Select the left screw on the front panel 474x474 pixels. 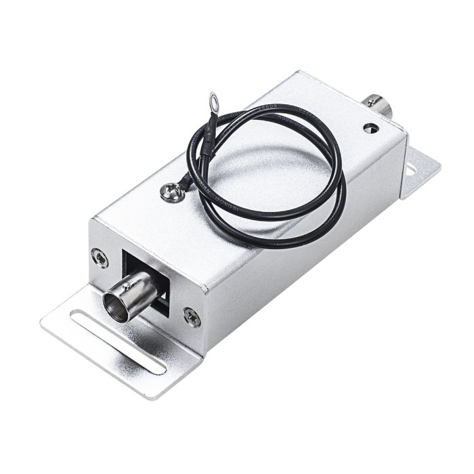[100, 256]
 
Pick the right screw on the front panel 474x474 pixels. [192, 315]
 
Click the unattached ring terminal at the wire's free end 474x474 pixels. [215, 102]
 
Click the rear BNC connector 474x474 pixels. [375, 104]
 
